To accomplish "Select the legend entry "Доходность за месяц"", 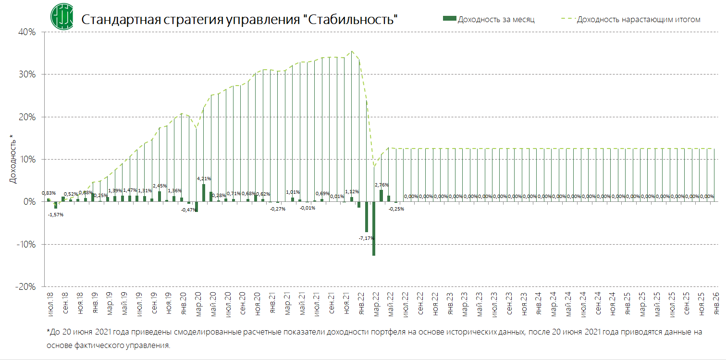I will coord(489,19).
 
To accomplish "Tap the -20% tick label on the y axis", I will coord(26,286).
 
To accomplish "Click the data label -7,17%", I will coord(367,238).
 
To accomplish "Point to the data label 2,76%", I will coord(381,185).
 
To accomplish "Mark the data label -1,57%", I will coord(56,214).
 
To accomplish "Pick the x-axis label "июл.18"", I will coord(51,303).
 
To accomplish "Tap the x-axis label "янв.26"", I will coord(715,303).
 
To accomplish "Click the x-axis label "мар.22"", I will coord(376,303).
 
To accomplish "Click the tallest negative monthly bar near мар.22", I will coord(373,228).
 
